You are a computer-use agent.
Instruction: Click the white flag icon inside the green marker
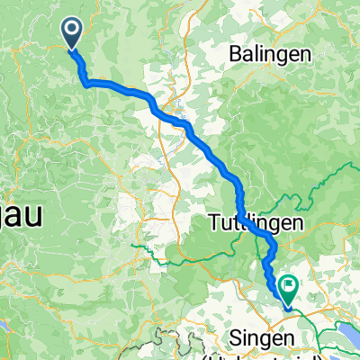290,286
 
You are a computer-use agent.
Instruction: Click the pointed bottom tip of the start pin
72,46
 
